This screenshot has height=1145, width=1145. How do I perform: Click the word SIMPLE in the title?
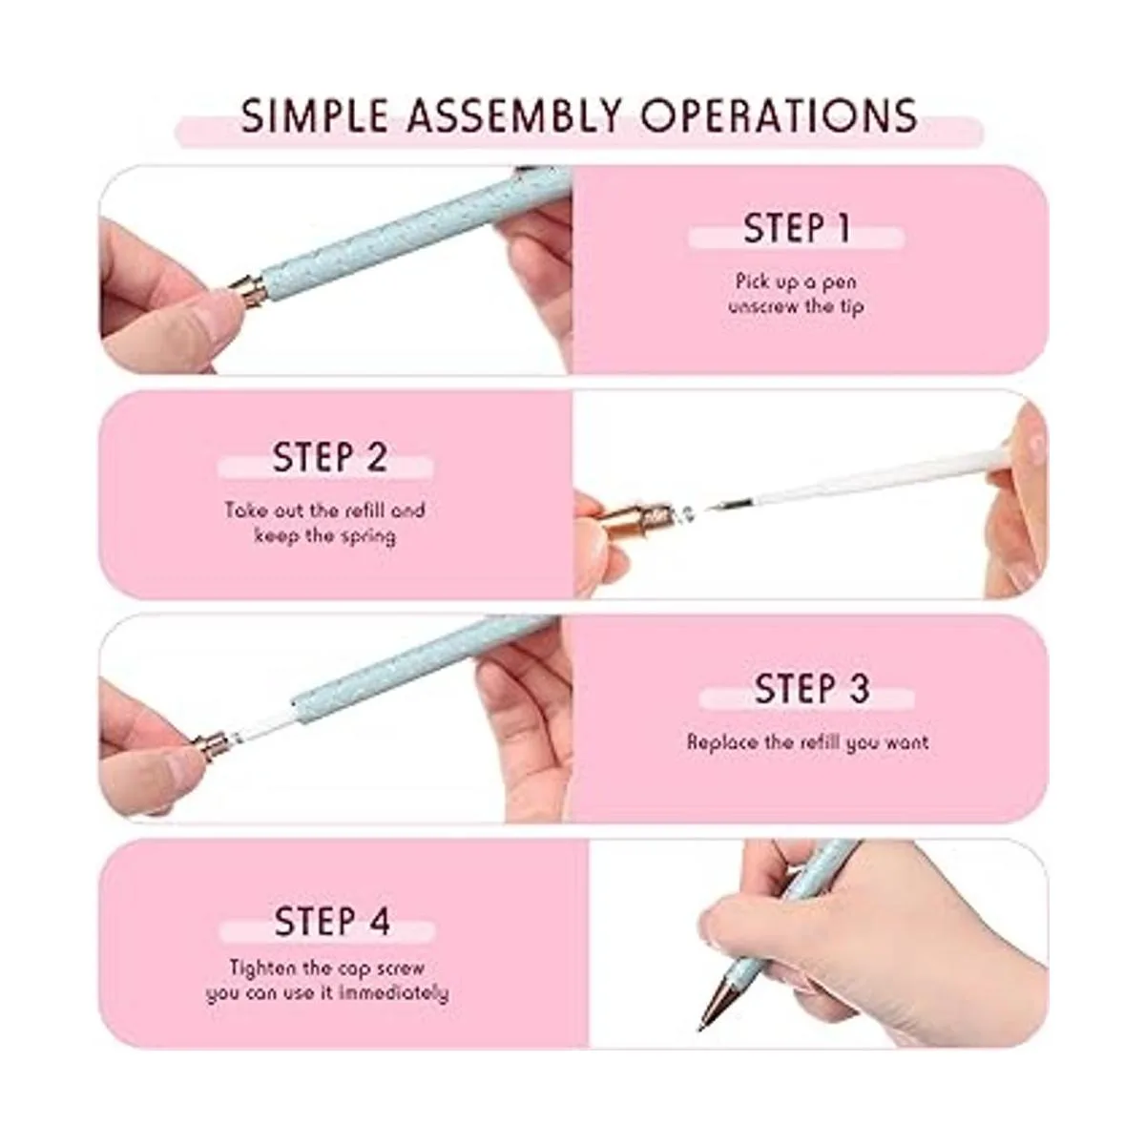tap(314, 115)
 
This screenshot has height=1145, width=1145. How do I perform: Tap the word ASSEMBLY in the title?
tap(514, 115)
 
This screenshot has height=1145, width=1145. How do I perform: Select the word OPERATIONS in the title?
tap(779, 115)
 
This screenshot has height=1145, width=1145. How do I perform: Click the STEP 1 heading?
tap(797, 228)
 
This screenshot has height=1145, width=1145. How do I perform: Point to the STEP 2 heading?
tap(330, 457)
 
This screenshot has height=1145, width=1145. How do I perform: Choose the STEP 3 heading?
tap(812, 689)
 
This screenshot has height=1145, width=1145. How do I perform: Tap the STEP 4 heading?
tap(332, 921)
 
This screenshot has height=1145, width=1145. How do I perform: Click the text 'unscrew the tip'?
tap(796, 307)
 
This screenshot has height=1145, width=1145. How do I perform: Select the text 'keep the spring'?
tap(325, 536)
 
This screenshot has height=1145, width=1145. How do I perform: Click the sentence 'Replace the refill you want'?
tap(807, 742)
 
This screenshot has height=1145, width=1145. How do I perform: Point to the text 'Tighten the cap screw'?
tap(327, 968)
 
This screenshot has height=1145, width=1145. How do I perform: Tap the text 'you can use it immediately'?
tap(327, 994)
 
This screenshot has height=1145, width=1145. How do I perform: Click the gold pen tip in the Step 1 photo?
tap(246, 290)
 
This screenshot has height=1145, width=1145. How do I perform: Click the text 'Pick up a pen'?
tap(796, 281)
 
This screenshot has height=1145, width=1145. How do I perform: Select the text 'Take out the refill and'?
tap(325, 510)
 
